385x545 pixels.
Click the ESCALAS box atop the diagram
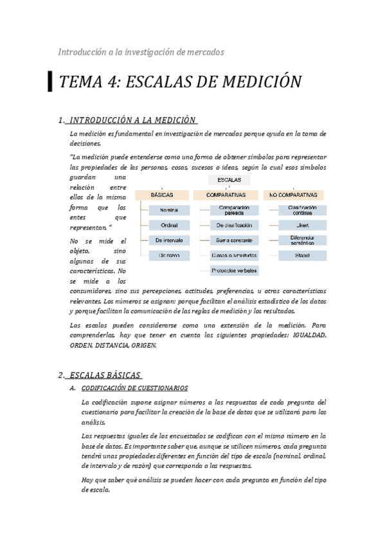coord(229,180)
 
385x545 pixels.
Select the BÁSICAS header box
coord(161,194)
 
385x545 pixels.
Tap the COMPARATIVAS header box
coord(226,194)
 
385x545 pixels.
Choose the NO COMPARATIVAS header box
coord(293,194)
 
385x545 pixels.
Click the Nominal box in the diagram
coord(168,210)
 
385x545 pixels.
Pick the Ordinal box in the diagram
coord(168,225)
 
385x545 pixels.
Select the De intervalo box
coord(168,240)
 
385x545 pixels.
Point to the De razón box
coord(168,255)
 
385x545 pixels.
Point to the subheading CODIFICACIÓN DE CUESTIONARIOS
coord(134,388)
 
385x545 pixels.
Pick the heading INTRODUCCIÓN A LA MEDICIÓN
coord(132,120)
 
